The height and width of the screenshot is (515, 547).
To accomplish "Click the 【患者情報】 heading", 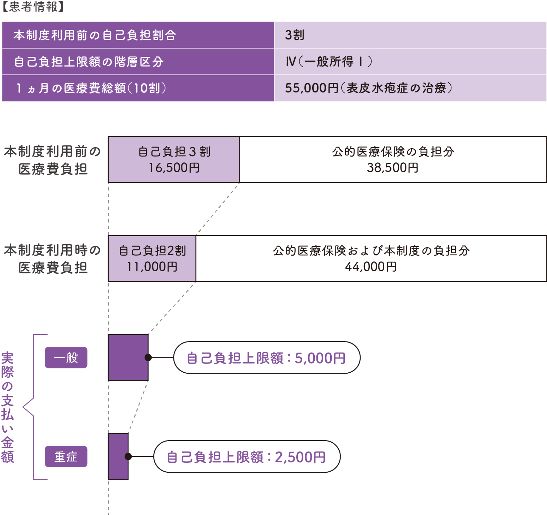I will point(33,7).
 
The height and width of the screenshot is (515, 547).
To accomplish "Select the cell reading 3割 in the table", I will point(295,35).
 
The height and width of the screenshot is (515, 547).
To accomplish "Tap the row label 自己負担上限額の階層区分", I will point(89,62).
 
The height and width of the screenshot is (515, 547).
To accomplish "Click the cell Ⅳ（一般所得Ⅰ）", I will point(329,62).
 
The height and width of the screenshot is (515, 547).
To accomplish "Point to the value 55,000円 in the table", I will point(311,88).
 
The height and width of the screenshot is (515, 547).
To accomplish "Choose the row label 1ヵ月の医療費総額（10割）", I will point(91,88).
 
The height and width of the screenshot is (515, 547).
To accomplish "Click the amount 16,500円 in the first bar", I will point(174,168).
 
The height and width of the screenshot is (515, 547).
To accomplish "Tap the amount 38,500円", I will point(393,168).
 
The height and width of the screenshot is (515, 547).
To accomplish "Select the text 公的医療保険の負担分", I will point(393,152).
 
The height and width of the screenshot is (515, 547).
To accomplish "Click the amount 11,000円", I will point(152,267).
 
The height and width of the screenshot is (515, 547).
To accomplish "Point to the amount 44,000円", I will point(371,267).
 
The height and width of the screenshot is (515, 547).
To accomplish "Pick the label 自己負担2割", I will point(152,250).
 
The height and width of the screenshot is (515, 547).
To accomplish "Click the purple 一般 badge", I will point(66,357).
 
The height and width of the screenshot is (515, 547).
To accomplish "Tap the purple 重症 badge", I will point(66,456).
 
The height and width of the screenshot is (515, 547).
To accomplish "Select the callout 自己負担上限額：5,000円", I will point(267,358).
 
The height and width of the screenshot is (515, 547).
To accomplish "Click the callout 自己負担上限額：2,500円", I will point(246,457).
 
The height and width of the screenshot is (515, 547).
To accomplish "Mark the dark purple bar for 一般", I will point(128,357).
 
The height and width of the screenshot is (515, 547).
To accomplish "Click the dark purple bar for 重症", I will point(118,456).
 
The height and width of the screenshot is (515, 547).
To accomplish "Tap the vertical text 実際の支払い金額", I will point(7,407).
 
